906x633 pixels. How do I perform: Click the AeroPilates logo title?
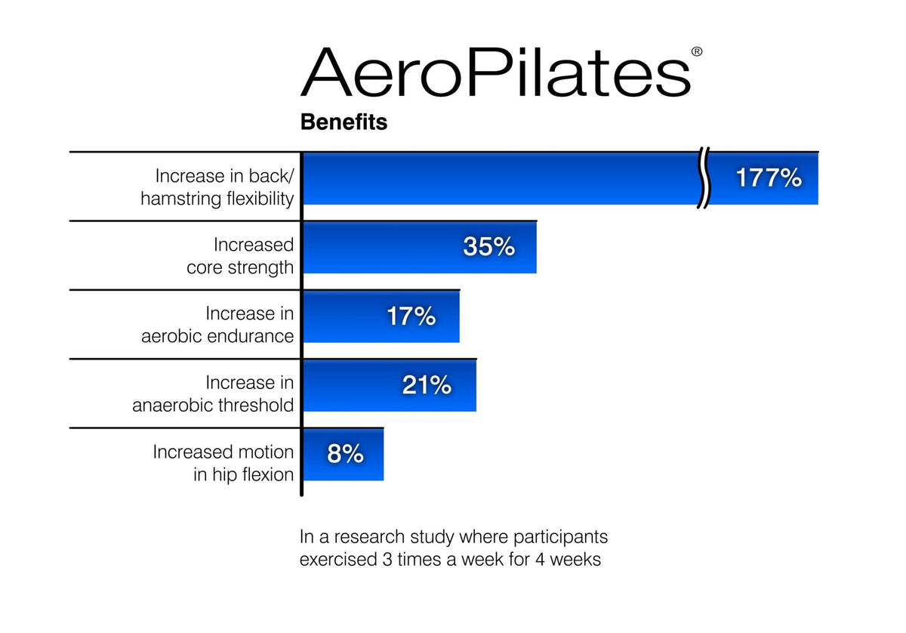495,73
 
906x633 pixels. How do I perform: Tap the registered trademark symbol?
696,52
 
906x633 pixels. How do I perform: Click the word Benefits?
344,122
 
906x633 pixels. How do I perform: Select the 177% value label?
769,178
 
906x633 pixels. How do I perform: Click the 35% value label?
488,246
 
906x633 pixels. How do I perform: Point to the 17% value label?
411,316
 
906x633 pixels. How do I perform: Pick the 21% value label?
427,385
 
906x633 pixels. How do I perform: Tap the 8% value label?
345,454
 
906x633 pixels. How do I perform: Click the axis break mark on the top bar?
704,179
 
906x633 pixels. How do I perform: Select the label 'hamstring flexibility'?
217,199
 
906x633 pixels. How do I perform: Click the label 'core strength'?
240,268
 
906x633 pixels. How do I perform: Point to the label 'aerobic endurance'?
217,337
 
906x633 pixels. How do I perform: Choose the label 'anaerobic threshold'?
213,406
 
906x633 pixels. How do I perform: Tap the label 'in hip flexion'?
243,474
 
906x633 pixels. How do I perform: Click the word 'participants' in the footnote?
560,538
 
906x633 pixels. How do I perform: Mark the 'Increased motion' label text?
223,452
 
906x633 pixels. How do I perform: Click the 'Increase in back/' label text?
224,176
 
